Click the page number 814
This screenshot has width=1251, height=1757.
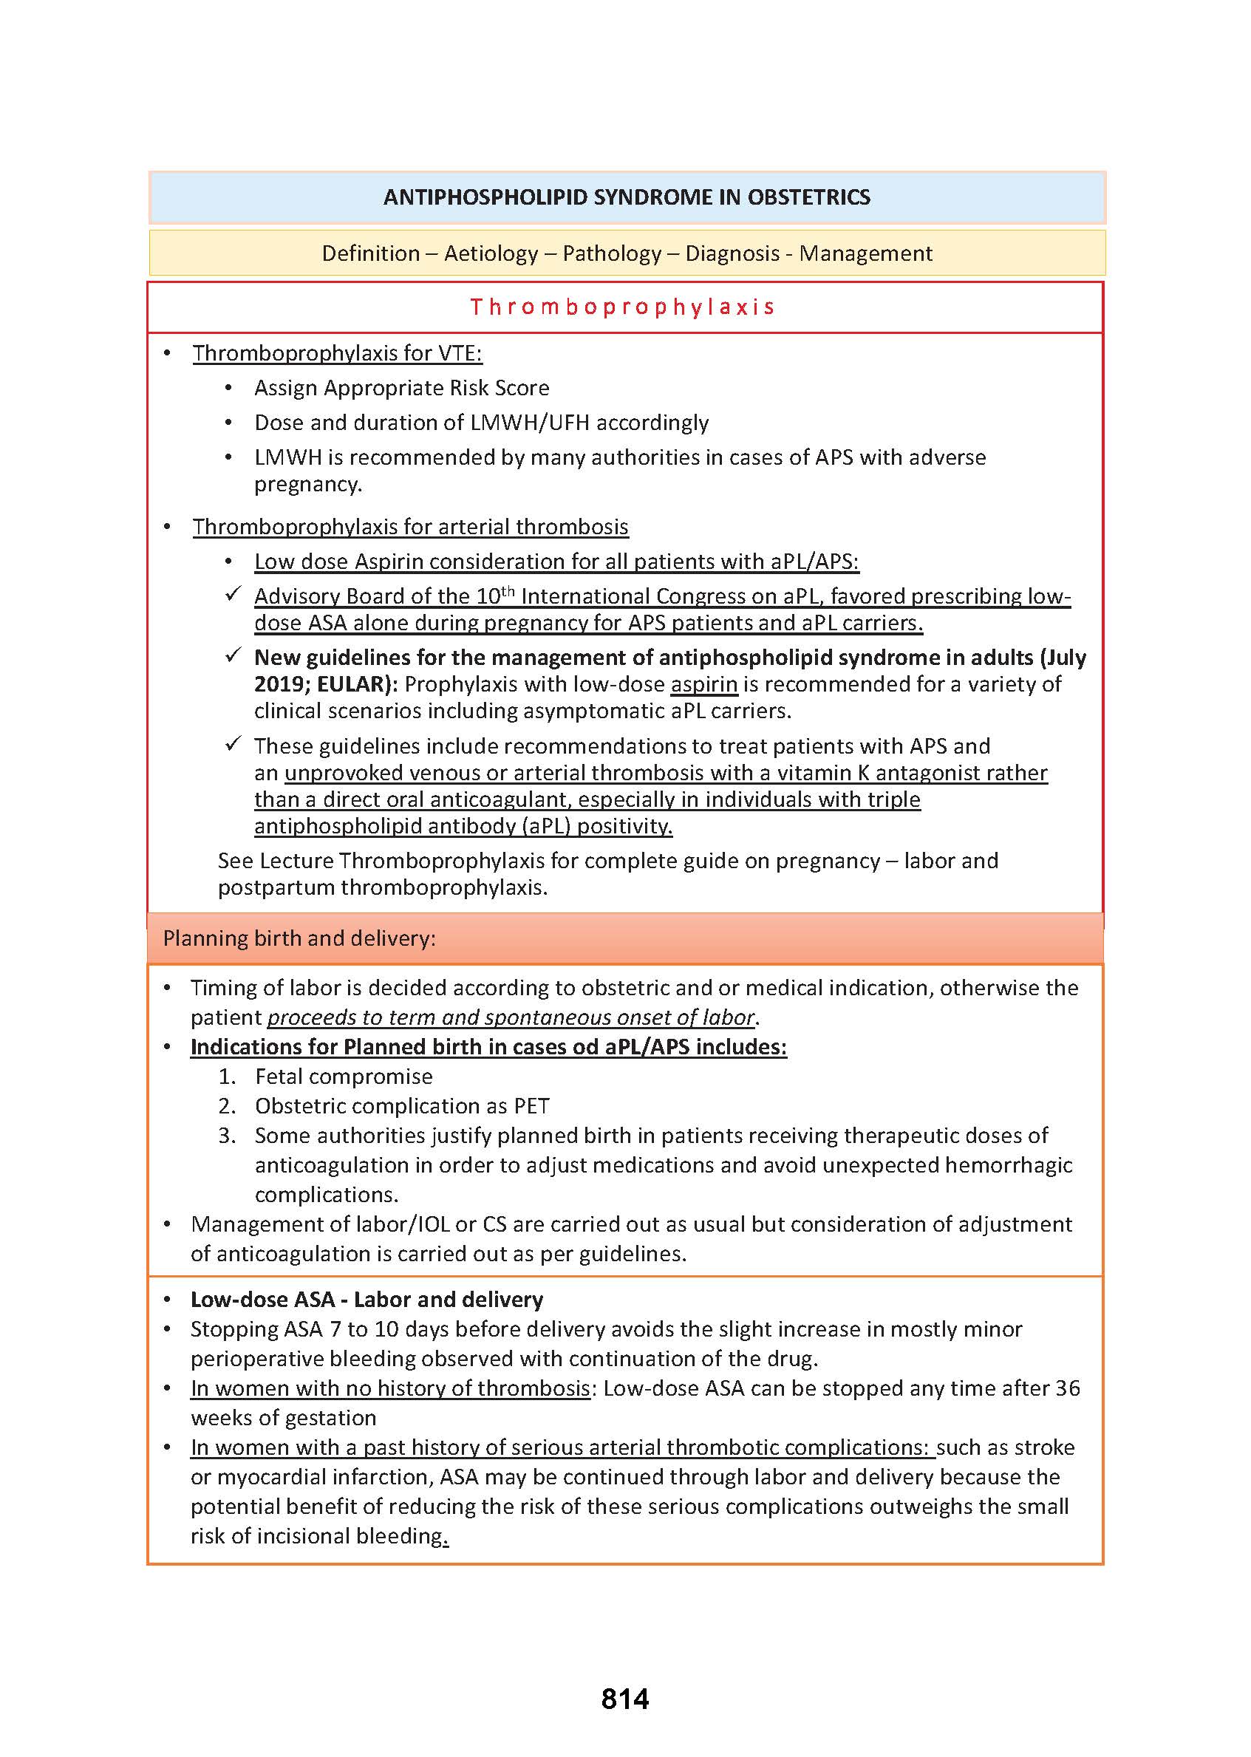tap(624, 1698)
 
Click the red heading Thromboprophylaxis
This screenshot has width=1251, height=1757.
tap(622, 307)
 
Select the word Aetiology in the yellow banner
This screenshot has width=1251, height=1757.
tap(491, 253)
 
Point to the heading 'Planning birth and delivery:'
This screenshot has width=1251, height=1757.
tap(299, 938)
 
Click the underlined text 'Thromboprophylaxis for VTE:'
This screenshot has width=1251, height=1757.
tap(337, 354)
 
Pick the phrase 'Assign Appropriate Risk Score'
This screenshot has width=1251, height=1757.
tap(401, 388)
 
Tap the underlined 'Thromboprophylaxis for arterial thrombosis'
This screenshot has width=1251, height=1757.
tap(410, 527)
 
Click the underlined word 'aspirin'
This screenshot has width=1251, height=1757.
tap(704, 684)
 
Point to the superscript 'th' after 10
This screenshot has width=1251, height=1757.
tap(508, 591)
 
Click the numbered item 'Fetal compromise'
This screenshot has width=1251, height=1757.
tap(344, 1076)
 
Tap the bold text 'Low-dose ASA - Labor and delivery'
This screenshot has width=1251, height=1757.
tap(367, 1300)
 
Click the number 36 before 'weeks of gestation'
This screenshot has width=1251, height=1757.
tap(1068, 1388)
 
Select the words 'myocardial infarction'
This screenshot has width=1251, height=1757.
tap(324, 1477)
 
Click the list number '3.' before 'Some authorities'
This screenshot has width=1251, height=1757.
tap(226, 1136)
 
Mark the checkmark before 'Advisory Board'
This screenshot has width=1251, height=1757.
tap(234, 595)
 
